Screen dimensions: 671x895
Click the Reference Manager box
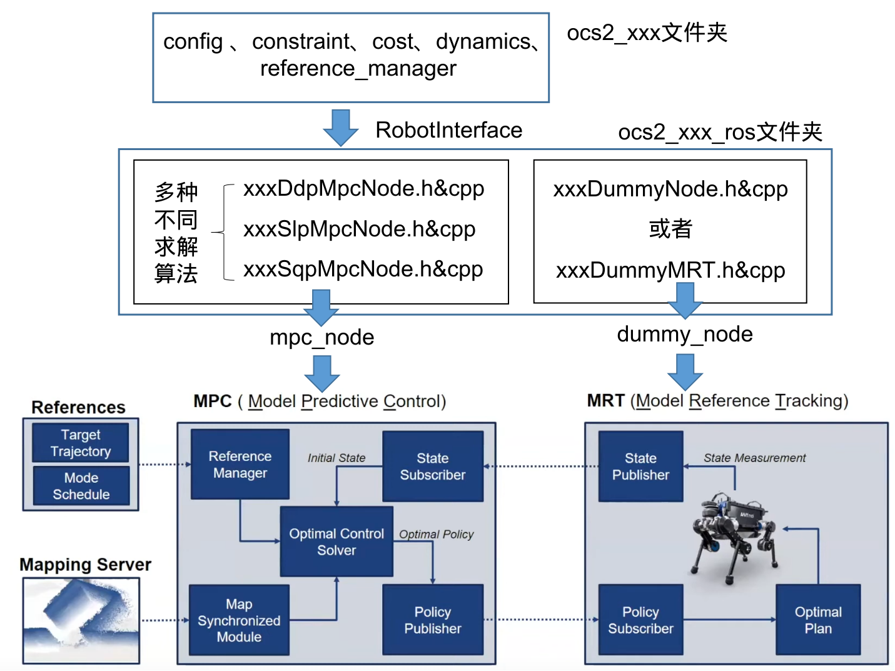(240, 464)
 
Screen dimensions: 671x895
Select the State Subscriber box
(433, 467)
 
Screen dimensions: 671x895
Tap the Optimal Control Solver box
(336, 542)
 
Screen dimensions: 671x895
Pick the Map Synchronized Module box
(239, 620)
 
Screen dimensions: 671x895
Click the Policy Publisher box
(433, 620)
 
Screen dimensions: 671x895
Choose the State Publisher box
(640, 467)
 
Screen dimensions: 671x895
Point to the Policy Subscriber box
(640, 620)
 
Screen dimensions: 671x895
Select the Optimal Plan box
(818, 620)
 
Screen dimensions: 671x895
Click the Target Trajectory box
(81, 443)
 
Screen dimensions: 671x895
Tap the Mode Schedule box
(81, 486)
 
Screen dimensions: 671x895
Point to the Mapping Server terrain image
(81, 620)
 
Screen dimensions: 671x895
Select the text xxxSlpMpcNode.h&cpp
(360, 230)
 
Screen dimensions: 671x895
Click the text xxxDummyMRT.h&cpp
(670, 270)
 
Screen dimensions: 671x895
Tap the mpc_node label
(322, 338)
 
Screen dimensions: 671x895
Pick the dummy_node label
(685, 335)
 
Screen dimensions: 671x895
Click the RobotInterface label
(448, 130)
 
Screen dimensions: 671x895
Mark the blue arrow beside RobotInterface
(341, 127)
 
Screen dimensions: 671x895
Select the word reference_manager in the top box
(358, 68)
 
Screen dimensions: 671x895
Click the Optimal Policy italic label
(437, 534)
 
